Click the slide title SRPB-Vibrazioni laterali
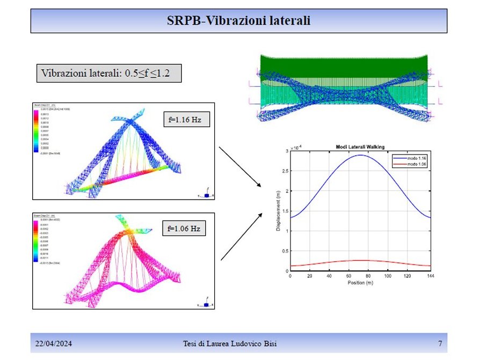coord(239,21)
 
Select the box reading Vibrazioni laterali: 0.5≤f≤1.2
coord(108,73)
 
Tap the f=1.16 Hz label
coord(186,119)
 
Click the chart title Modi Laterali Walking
coord(360,146)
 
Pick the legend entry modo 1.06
coord(414,164)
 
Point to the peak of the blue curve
coord(360,155)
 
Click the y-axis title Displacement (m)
coord(278,211)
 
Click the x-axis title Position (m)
coord(360,283)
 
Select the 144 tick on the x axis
coord(430,276)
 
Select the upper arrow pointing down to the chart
coord(240,166)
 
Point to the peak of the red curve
coord(360,260)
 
